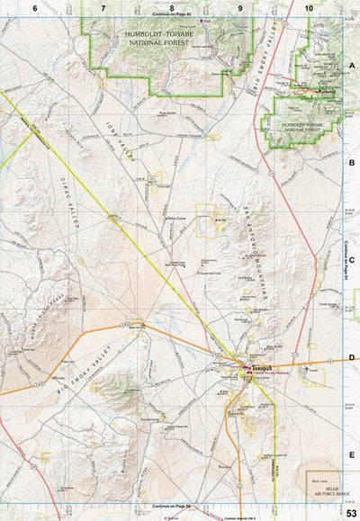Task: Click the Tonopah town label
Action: (x=258, y=367)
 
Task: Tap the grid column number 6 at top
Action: (x=34, y=8)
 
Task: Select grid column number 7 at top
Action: (x=103, y=8)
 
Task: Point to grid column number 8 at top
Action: (x=171, y=8)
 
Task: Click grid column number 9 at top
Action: (x=240, y=8)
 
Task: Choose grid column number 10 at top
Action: (x=309, y=8)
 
